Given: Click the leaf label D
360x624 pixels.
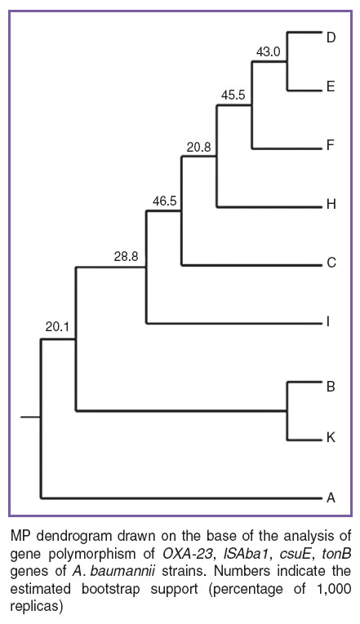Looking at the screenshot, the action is (331, 38).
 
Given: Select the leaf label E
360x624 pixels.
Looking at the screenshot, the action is (331, 86).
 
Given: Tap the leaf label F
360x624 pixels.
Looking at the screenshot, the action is (330, 145).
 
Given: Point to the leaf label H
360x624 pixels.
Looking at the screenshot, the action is (331, 204).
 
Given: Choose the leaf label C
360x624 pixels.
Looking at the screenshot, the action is (331, 263).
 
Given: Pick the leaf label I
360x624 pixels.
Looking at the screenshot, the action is (327, 321).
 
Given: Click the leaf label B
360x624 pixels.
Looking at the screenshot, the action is (331, 386).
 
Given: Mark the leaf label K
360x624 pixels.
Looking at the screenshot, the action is (331, 438).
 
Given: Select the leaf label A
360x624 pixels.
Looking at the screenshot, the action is (331, 498).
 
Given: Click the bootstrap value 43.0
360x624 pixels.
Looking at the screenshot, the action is (269, 51).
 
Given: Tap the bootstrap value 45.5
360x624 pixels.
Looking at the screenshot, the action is (233, 95).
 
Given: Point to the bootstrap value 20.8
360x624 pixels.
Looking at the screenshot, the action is (198, 148).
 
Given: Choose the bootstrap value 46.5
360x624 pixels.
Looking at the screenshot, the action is (164, 201).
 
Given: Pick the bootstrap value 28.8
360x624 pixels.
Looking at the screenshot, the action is (127, 257).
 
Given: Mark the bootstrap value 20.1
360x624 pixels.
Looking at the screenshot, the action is (57, 327).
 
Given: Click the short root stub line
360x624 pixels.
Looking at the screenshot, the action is (30, 417).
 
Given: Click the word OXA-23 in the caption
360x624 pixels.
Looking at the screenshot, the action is (186, 554).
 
